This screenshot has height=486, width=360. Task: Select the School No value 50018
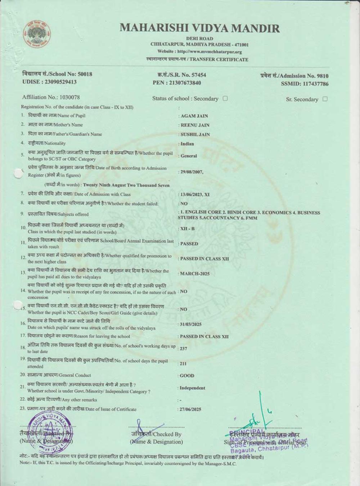(x=85, y=74)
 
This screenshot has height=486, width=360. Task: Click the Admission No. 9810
(x=321, y=76)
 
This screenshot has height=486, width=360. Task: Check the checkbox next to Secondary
(x=225, y=98)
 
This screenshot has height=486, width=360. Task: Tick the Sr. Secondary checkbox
(x=325, y=99)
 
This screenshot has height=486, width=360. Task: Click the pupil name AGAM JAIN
(x=194, y=116)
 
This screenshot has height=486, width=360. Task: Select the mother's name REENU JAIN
(x=195, y=125)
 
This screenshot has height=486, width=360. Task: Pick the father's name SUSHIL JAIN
(x=195, y=135)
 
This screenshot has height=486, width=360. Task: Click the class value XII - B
(x=187, y=229)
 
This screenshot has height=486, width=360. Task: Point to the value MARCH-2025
(x=195, y=274)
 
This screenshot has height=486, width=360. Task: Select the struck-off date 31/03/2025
(x=191, y=324)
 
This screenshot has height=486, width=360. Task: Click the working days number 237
(x=184, y=348)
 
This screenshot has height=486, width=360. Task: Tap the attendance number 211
(x=183, y=364)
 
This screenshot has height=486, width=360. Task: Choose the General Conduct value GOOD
(x=187, y=375)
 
